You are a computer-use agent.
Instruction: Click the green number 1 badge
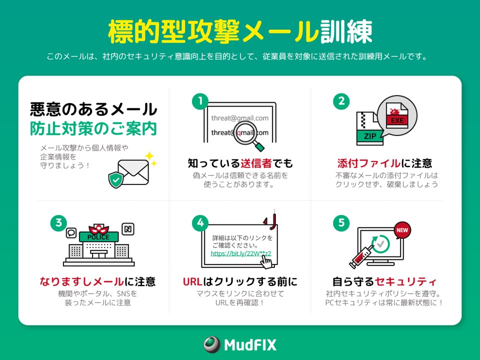200,101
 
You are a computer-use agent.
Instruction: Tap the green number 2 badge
341,101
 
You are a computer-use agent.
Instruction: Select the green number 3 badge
59,223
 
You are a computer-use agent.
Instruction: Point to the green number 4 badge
200,223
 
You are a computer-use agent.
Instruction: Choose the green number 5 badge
341,223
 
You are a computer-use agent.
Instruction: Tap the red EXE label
397,120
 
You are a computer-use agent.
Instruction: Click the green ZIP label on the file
370,136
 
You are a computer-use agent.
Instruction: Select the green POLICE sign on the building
98,237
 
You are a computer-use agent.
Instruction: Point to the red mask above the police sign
98,229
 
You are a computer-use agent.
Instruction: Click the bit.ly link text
241,253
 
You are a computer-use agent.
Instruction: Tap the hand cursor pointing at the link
266,262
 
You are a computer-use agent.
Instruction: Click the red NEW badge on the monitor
402,230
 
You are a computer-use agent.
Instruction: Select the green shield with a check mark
116,179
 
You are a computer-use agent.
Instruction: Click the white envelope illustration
133,172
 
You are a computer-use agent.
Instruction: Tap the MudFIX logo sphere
212,344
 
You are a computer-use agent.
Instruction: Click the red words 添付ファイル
369,163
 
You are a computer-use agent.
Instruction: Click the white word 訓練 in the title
346,31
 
